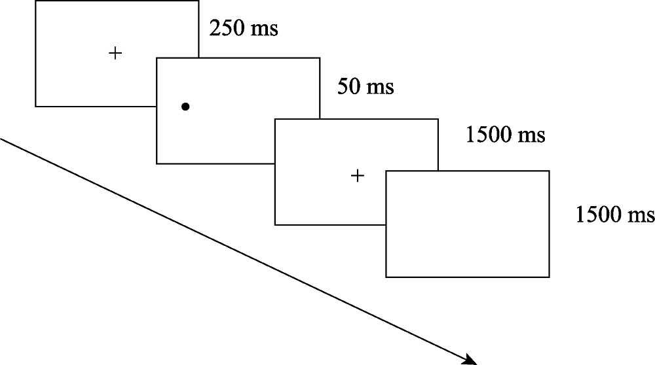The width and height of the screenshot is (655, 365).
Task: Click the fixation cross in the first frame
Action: [115, 53]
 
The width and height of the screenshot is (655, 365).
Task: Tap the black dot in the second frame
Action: [185, 106]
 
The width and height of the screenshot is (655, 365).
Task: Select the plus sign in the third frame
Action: [357, 175]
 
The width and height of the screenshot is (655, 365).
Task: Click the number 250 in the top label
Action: [225, 29]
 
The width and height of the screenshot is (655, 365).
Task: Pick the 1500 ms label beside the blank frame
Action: [615, 214]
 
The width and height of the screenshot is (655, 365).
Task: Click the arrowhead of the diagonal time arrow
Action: [472, 360]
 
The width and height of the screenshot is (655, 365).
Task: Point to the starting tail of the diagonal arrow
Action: [1, 139]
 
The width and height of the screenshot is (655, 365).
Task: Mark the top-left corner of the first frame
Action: [35, 1]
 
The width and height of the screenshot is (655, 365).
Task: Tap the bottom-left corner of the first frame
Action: [35, 106]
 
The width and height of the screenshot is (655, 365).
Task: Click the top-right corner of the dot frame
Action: [320, 58]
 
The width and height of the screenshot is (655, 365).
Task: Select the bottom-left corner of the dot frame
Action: [157, 163]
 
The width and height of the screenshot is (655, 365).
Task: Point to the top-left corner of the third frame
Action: [275, 119]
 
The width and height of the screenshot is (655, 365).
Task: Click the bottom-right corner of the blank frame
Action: [549, 277]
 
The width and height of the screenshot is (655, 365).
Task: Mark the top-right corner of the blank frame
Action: [549, 171]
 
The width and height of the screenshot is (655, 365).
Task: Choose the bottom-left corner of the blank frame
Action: [386, 277]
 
